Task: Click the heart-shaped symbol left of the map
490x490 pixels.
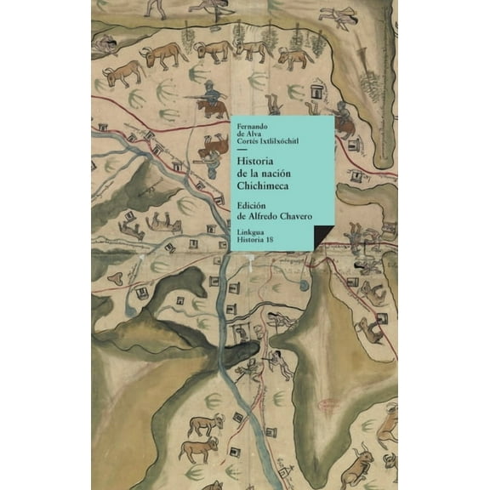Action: [120, 278]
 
